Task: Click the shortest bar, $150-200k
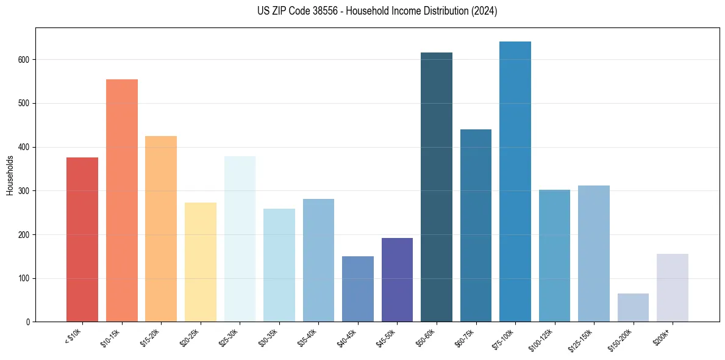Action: (633, 308)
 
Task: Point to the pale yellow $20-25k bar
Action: (201, 262)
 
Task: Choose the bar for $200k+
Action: (673, 287)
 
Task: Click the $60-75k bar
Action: (476, 225)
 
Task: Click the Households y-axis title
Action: (10, 175)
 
